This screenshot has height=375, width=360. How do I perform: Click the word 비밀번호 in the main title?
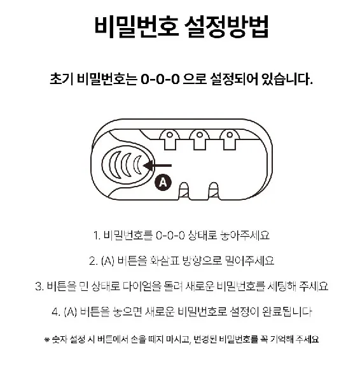pos(136,27)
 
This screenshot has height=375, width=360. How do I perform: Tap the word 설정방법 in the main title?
pos(226,27)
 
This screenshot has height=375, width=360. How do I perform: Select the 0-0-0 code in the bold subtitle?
pos(160,79)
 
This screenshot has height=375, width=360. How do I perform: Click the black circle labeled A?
pos(163,183)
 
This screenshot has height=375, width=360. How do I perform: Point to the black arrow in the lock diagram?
pos(157,166)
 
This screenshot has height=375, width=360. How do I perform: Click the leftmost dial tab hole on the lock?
pos(170,135)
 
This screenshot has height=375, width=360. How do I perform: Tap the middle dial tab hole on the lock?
pos(200,135)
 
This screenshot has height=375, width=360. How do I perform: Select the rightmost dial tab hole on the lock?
pos(230,135)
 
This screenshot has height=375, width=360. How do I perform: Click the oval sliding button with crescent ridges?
pos(128,165)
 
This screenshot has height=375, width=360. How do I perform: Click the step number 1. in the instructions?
pos(97,236)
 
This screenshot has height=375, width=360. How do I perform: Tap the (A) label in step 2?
pos(107,261)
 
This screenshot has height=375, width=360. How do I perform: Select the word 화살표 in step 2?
pos(164,260)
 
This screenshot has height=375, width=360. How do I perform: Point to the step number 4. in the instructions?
pos(56,312)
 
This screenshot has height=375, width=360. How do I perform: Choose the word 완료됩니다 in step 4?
pos(287,312)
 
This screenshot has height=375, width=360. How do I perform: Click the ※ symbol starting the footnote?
pos(46,339)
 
